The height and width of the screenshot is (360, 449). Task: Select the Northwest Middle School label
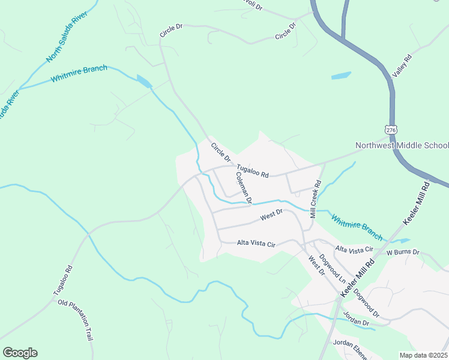(x=402, y=145)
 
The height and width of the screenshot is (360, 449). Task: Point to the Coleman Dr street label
(x=244, y=187)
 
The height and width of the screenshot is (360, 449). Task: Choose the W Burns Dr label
(x=403, y=252)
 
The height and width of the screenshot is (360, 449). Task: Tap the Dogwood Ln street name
(x=334, y=269)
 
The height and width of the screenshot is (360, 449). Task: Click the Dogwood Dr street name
(x=367, y=303)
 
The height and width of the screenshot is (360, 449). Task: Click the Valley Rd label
(x=402, y=65)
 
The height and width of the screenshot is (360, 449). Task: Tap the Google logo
(x=20, y=353)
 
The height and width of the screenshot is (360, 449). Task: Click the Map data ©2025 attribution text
(x=423, y=355)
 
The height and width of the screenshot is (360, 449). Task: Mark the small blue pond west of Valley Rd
(x=340, y=76)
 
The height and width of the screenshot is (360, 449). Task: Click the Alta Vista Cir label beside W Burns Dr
(x=354, y=248)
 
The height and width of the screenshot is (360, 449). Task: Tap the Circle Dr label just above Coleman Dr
(x=220, y=151)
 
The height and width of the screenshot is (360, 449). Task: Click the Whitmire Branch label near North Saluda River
(x=79, y=74)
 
